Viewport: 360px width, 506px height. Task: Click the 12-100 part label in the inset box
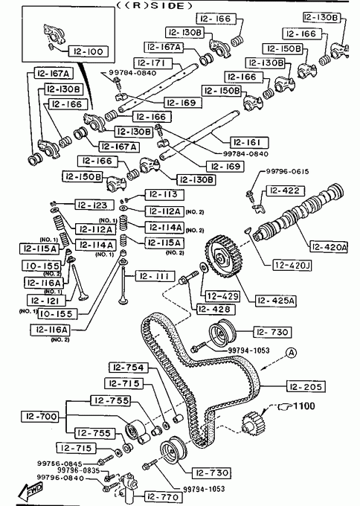point(88,51)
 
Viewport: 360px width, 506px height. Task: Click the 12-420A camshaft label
point(329,247)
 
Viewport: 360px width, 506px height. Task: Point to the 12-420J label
point(292,265)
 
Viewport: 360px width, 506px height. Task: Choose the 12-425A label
point(276,301)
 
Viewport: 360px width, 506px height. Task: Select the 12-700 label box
point(40,417)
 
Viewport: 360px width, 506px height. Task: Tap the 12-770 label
point(162,496)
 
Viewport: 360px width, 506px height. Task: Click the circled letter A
point(292,353)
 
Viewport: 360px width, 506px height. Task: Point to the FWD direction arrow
point(30,491)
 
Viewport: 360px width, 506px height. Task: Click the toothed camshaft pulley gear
point(223,257)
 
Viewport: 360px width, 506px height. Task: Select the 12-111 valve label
point(155,276)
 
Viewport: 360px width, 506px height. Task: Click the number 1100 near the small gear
point(304,406)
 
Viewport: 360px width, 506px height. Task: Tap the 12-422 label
point(285,190)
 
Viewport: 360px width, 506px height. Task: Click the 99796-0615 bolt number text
point(287,171)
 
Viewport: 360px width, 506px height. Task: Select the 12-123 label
point(94,205)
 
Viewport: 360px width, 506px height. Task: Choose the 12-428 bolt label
point(216,309)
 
